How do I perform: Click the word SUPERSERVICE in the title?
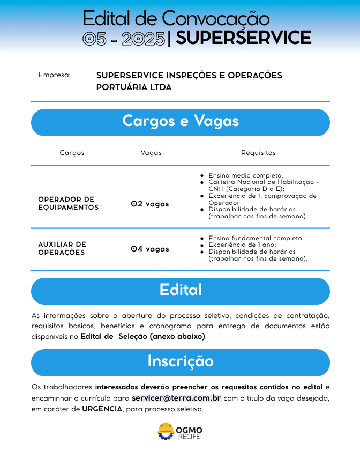pyautogui.click(x=243, y=38)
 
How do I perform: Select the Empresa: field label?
pyautogui.click(x=54, y=75)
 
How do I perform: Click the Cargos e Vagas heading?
pyautogui.click(x=180, y=121)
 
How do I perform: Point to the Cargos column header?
pyautogui.click(x=72, y=153)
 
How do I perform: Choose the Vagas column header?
pyautogui.click(x=151, y=153)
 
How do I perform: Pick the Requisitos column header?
pyautogui.click(x=258, y=153)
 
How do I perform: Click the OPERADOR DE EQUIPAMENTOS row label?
pyautogui.click(x=68, y=203)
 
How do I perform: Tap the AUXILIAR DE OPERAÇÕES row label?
pyautogui.click(x=62, y=248)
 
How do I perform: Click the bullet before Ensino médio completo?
pyautogui.click(x=201, y=175)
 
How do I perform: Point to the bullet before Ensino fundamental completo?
pyautogui.click(x=201, y=238)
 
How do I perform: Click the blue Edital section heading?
pyautogui.click(x=180, y=290)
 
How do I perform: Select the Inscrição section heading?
pyautogui.click(x=180, y=361)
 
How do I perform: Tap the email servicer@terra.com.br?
pyautogui.click(x=176, y=398)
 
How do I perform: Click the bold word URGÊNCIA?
pyautogui.click(x=102, y=409)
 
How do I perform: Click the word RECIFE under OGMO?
pyautogui.click(x=189, y=437)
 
